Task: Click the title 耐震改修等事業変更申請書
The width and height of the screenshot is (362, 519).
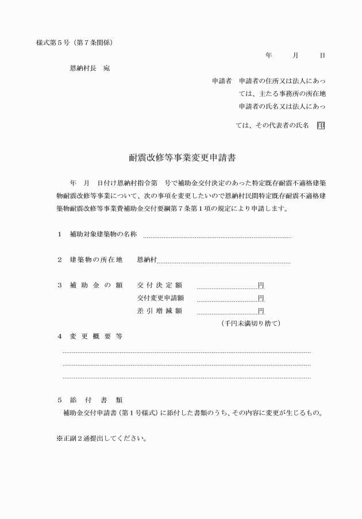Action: pyautogui.click(x=183, y=157)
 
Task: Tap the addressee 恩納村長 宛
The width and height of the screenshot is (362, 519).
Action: pyautogui.click(x=89, y=68)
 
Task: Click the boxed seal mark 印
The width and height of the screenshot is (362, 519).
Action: pyautogui.click(x=320, y=125)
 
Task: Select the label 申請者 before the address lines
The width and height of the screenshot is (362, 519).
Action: pyautogui.click(x=221, y=80)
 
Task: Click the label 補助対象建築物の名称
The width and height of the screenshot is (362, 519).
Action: pyautogui.click(x=103, y=234)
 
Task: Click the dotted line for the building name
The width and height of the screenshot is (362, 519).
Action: pyautogui.click(x=217, y=236)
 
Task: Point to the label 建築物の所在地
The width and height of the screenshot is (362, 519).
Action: pyautogui.click(x=96, y=260)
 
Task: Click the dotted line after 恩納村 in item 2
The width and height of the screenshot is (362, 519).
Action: pyautogui.click(x=224, y=262)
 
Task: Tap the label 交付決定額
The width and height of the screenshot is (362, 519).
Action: pyautogui.click(x=159, y=285)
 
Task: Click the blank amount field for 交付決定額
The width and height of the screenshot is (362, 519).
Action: pyautogui.click(x=226, y=286)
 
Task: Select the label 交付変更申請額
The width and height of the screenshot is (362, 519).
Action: pyautogui.click(x=160, y=298)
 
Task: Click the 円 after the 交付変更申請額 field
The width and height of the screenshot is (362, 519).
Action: pyautogui.click(x=261, y=298)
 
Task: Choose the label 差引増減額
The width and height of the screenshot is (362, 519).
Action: pyautogui.click(x=159, y=311)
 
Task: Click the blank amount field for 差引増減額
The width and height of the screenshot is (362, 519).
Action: pyautogui.click(x=226, y=312)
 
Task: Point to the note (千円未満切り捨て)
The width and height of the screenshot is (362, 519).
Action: pyautogui.click(x=251, y=324)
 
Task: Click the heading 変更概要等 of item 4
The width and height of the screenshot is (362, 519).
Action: pyautogui.click(x=96, y=337)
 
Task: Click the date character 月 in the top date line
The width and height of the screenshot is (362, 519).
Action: pyautogui.click(x=295, y=55)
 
